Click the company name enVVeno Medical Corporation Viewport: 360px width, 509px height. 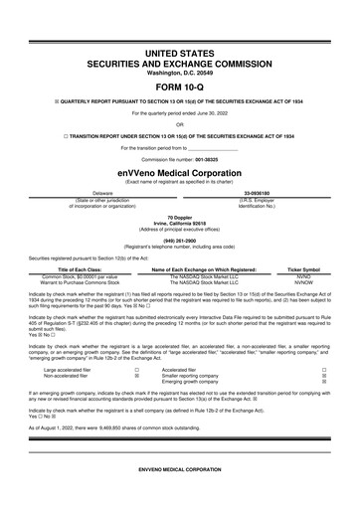click(180, 170)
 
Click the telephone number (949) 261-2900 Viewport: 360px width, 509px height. click(180, 239)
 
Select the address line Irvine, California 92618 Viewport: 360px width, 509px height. click(180, 221)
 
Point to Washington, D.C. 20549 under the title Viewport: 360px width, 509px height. click(180, 72)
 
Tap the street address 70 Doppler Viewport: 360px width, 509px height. click(180, 215)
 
